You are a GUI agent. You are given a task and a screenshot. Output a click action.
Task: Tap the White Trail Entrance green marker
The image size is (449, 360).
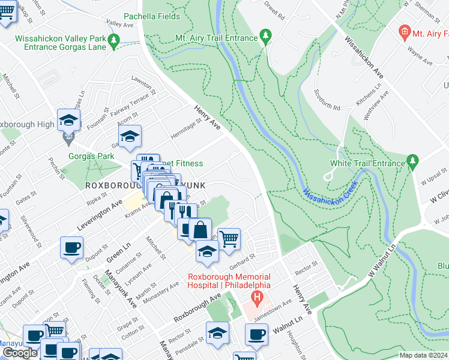[x=412, y=161]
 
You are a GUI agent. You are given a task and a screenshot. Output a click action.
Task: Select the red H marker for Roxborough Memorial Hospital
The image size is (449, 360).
[x=257, y=297]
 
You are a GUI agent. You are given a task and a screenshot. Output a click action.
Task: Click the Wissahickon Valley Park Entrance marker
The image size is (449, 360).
[x=113, y=40]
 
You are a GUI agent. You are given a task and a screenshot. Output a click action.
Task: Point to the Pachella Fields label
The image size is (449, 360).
[x=152, y=16]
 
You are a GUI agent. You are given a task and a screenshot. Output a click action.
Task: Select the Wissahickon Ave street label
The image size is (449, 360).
[x=364, y=60]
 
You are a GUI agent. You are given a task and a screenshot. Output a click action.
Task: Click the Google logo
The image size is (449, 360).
[x=20, y=353]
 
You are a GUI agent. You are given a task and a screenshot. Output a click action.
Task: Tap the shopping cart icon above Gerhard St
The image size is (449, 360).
[x=229, y=239]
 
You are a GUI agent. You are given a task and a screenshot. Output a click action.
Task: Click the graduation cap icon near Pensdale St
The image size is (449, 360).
[x=217, y=332]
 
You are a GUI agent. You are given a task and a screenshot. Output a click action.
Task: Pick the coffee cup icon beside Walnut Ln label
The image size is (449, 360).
[x=256, y=334]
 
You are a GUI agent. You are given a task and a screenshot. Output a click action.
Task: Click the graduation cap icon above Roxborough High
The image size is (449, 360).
[x=68, y=119]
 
